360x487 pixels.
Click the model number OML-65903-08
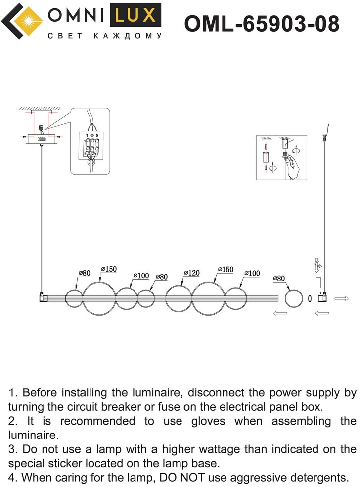tap(262, 23)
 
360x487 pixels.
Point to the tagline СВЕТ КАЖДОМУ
tap(105, 36)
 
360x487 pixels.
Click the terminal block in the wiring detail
tap(91, 146)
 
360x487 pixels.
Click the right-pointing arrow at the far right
tap(342, 298)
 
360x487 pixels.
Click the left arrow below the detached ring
tap(279, 313)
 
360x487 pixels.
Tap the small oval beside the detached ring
tap(310, 298)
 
